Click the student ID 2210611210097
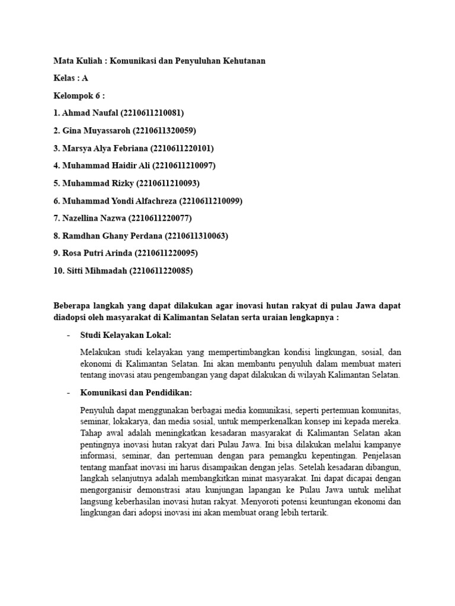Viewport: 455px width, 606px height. coord(181,166)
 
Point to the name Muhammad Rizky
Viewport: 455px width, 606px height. coord(98,183)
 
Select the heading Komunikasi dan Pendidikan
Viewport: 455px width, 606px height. coord(136,393)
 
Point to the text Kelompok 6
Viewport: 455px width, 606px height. coord(76,95)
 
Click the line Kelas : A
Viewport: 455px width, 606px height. coord(71,78)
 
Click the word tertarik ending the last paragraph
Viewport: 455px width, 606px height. coord(312,514)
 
